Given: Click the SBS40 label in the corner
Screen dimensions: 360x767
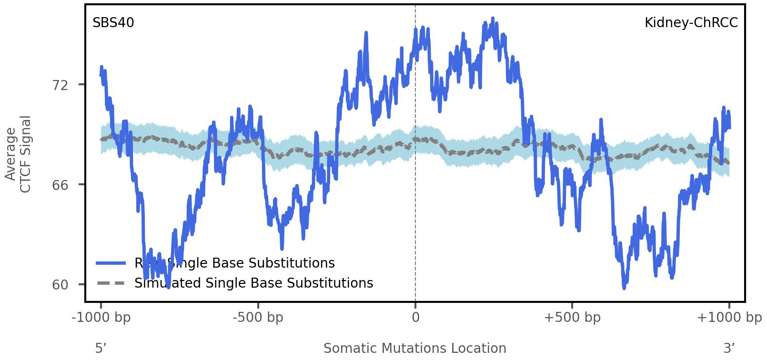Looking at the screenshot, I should click(x=113, y=23).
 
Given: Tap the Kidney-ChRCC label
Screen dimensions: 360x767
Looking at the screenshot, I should click(x=691, y=23).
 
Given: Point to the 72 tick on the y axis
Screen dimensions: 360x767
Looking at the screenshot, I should click(x=61, y=85).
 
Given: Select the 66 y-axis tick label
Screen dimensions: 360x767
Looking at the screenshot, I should click(x=61, y=185).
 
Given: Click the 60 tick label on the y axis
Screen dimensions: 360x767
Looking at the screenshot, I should click(x=61, y=285).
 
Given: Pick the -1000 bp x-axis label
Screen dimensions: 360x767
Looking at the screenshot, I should click(x=101, y=318).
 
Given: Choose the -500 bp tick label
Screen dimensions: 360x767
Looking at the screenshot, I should click(x=258, y=318).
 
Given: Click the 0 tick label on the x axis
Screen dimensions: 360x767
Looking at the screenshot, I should click(x=415, y=318).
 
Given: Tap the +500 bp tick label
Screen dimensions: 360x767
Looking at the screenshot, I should click(x=572, y=318).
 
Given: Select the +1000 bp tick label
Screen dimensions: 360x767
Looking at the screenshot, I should click(x=729, y=318).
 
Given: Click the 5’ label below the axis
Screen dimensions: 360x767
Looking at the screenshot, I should click(x=100, y=349).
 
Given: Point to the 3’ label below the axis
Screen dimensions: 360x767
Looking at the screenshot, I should click(x=729, y=349).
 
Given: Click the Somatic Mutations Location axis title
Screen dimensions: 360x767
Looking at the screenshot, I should click(x=414, y=349).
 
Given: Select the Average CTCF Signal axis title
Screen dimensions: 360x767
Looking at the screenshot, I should click(x=18, y=154).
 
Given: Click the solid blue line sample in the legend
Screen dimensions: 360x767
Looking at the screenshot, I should click(x=111, y=263).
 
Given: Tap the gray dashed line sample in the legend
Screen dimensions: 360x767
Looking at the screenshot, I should click(x=111, y=283).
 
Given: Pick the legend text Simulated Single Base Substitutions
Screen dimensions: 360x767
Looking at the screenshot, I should click(x=253, y=283).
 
